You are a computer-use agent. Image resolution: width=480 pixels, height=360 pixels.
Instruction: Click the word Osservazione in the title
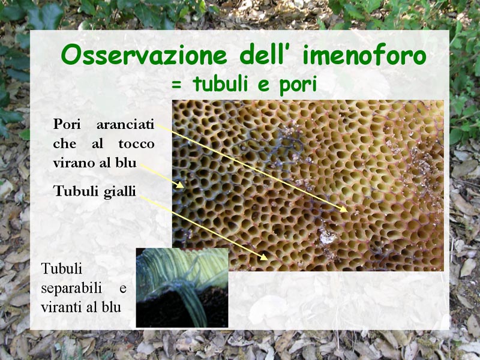coord(144,55)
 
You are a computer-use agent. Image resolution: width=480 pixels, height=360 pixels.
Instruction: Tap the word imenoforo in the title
coord(364,55)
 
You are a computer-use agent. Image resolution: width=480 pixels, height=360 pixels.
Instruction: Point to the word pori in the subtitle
coord(298,85)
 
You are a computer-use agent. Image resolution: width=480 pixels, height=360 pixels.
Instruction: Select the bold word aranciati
coord(125,125)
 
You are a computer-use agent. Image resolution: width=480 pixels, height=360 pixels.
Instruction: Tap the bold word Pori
coord(67,124)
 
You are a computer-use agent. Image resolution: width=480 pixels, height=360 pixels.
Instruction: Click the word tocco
coord(137,143)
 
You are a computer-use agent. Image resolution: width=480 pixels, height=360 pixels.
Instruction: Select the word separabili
coord(71,289)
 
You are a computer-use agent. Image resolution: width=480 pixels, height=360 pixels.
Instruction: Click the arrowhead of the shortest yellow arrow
coord(181,185)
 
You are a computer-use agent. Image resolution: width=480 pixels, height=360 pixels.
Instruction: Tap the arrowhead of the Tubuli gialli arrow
coord(264,257)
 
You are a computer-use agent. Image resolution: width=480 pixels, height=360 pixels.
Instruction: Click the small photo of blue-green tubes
coord(182,288)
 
